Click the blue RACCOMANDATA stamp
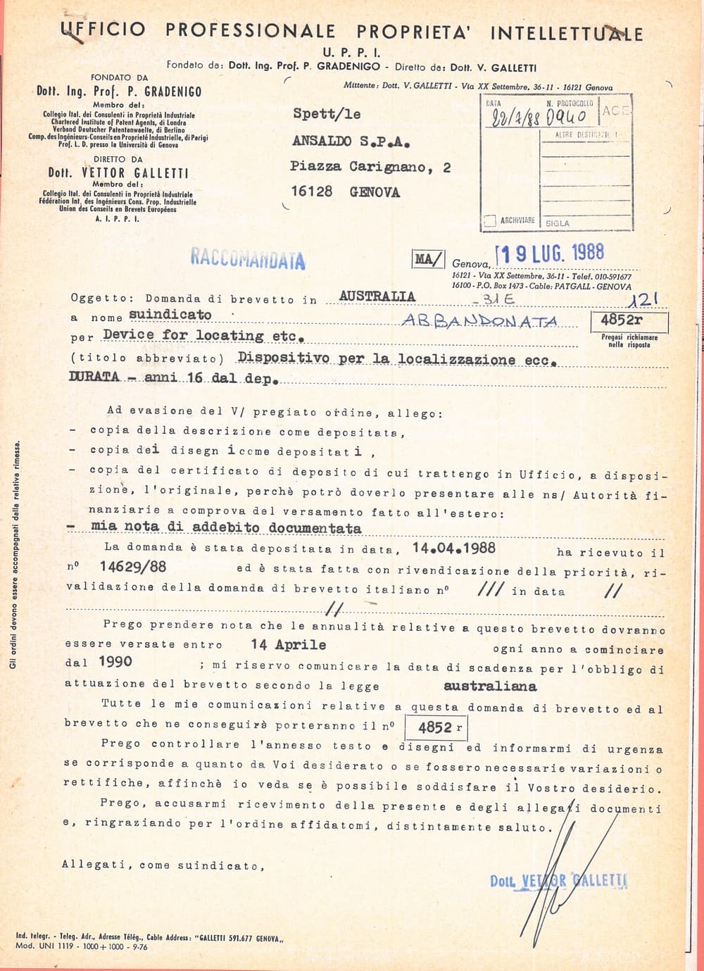click(x=248, y=260)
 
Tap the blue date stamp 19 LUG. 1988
click(x=550, y=253)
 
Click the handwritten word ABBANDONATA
click(x=479, y=322)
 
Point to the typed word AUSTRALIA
click(x=377, y=296)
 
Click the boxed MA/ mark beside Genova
click(x=427, y=260)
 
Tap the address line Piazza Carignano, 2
click(x=370, y=167)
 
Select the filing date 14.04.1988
click(x=454, y=548)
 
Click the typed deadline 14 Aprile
click(x=289, y=644)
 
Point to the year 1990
click(x=115, y=662)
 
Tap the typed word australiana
click(x=490, y=686)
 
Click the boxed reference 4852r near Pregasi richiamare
click(x=622, y=320)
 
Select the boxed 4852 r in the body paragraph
click(x=438, y=727)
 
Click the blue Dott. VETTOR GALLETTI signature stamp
click(x=558, y=881)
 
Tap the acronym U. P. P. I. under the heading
click(x=351, y=51)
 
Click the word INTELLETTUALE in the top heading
click(x=566, y=33)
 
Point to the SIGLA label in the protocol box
click(x=558, y=223)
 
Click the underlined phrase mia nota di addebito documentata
click(x=226, y=527)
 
